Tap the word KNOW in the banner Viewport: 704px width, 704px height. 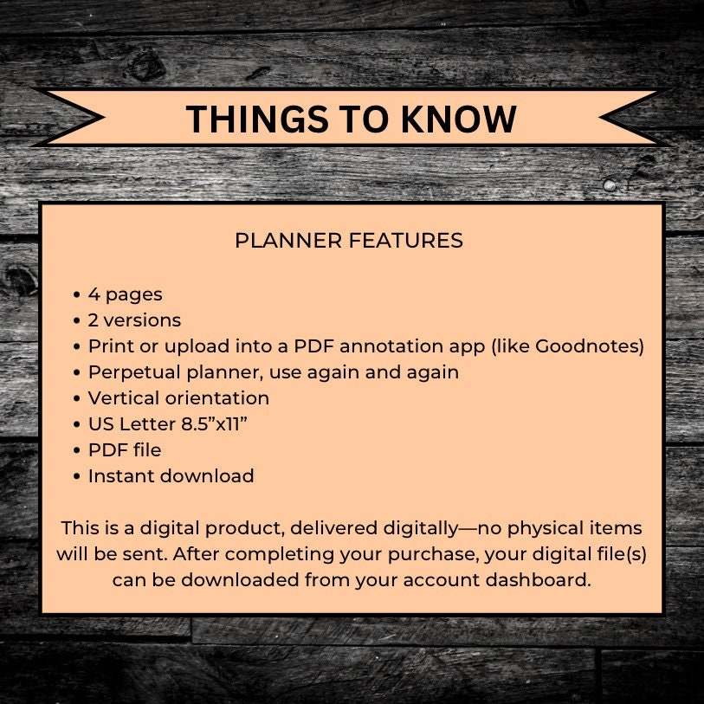[x=458, y=119]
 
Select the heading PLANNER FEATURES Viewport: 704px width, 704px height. [x=349, y=240]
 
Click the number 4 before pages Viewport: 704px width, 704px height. [x=94, y=294]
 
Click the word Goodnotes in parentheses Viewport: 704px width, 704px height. [x=587, y=346]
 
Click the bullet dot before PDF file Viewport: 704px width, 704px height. [x=77, y=451]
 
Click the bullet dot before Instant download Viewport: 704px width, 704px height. [x=77, y=477]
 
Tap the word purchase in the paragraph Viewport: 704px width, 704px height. [x=432, y=555]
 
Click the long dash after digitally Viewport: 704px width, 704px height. [x=468, y=529]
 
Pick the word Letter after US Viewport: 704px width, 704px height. [x=148, y=423]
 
